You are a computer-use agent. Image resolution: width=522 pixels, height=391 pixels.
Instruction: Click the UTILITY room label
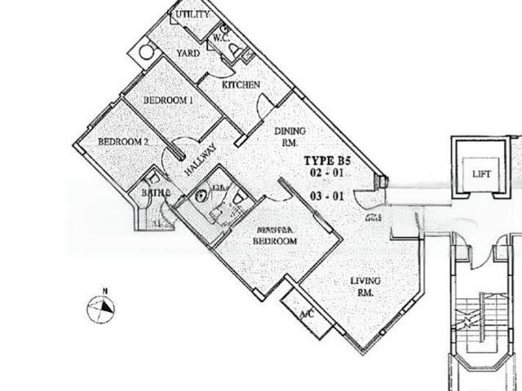click(192, 15)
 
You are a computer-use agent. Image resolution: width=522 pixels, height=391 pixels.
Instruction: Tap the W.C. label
click(220, 37)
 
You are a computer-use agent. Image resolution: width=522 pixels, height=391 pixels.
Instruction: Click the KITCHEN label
click(242, 85)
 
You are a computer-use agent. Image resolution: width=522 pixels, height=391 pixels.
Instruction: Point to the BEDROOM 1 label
click(167, 100)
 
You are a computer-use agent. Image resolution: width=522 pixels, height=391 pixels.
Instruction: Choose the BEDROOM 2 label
click(122, 141)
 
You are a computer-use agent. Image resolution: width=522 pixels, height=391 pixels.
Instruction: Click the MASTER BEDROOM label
click(274, 236)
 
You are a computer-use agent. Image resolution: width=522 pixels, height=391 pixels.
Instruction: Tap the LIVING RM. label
click(365, 286)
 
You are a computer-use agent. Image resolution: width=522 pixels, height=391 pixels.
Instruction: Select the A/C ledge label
click(307, 314)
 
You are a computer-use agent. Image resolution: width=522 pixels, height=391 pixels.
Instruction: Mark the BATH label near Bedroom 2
click(155, 193)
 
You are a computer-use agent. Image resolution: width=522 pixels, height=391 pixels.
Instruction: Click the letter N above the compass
click(104, 289)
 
